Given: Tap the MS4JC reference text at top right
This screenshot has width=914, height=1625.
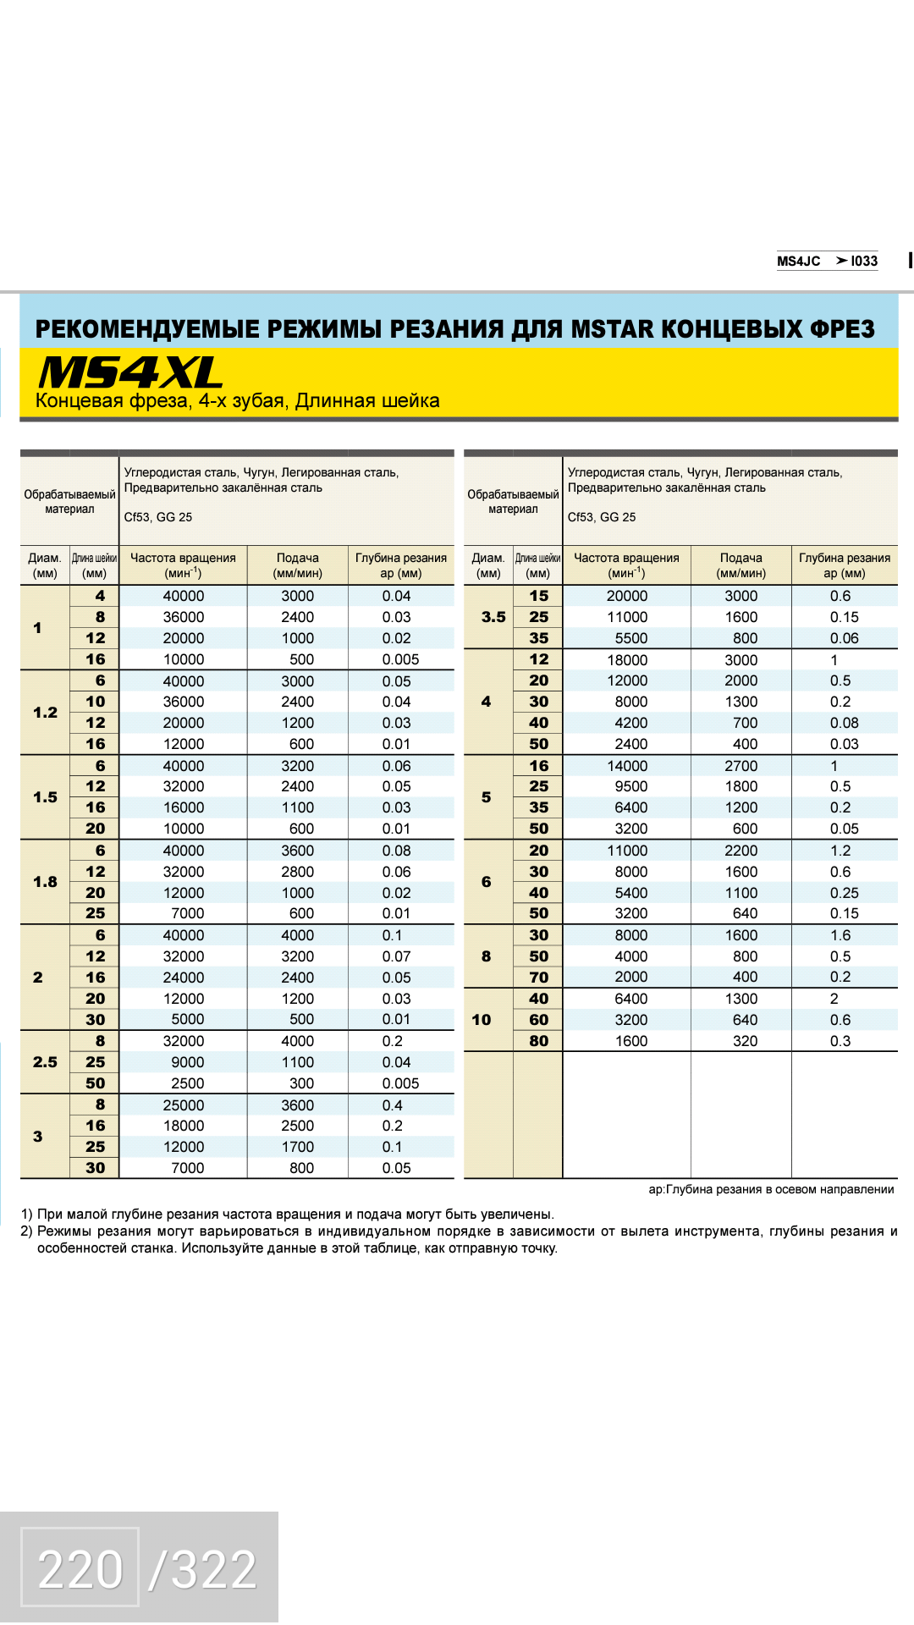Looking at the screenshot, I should (x=798, y=261).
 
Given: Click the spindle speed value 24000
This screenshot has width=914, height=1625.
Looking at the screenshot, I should (x=184, y=978).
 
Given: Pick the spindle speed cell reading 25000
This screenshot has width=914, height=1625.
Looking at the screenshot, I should (x=184, y=1105).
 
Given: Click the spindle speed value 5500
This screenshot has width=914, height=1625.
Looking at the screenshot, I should (x=631, y=638).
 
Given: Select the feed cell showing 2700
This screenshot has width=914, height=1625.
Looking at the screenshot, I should (x=741, y=766).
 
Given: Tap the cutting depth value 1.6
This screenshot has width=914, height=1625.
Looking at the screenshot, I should (x=840, y=935).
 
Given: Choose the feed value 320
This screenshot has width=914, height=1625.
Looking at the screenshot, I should (x=745, y=1041).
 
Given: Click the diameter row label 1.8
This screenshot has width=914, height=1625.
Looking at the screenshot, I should (x=45, y=882).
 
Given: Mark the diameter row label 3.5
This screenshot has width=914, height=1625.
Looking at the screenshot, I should (x=493, y=617).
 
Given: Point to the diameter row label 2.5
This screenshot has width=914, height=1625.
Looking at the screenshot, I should (x=45, y=1062).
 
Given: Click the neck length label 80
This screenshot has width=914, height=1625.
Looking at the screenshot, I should (x=539, y=1041).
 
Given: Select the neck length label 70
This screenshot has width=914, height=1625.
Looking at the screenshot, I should (x=539, y=978).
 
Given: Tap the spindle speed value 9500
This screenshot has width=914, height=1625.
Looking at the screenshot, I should (x=631, y=787).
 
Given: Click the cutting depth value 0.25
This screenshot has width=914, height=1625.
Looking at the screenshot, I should (x=844, y=893).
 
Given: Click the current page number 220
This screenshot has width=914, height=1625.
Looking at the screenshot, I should (x=80, y=1570).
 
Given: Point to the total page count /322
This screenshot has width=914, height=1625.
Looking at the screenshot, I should (x=203, y=1570).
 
